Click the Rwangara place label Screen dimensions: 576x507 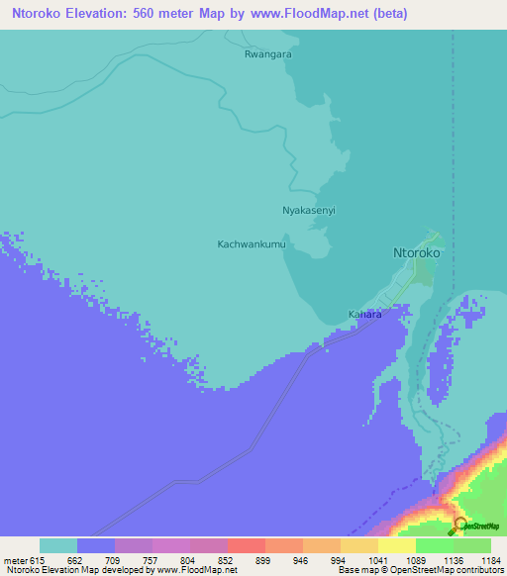click(x=267, y=55)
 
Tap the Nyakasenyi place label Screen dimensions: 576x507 click(x=309, y=211)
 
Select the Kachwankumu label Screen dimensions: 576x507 click(x=252, y=243)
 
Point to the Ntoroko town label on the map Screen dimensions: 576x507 click(x=417, y=252)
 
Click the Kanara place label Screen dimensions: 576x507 click(x=365, y=315)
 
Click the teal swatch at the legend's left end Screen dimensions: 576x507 click(x=58, y=545)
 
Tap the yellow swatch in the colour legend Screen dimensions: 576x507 click(x=396, y=545)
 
